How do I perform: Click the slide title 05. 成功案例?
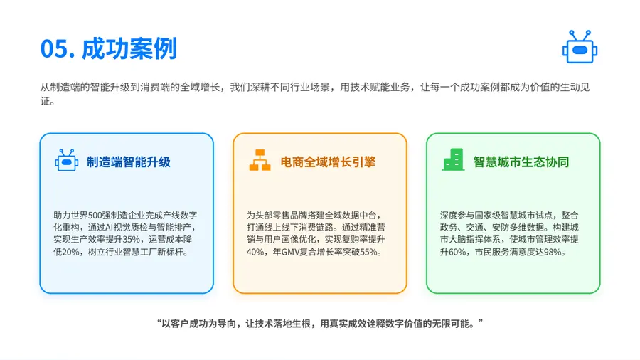pos(108,48)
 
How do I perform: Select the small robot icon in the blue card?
pos(67,160)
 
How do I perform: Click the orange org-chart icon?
pos(260,160)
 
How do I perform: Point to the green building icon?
pos(453,159)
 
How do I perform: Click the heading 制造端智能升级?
pos(128,162)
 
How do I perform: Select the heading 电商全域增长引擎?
pos(328,162)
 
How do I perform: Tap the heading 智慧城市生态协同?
pos(521,162)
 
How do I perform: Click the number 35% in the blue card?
pos(132,240)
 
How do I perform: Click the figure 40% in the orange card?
pos(255,252)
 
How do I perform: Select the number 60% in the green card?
pos(457,252)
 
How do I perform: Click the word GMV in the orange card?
pos(291,252)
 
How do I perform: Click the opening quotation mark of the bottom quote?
pos(159,322)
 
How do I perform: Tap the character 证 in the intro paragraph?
pos(45,101)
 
